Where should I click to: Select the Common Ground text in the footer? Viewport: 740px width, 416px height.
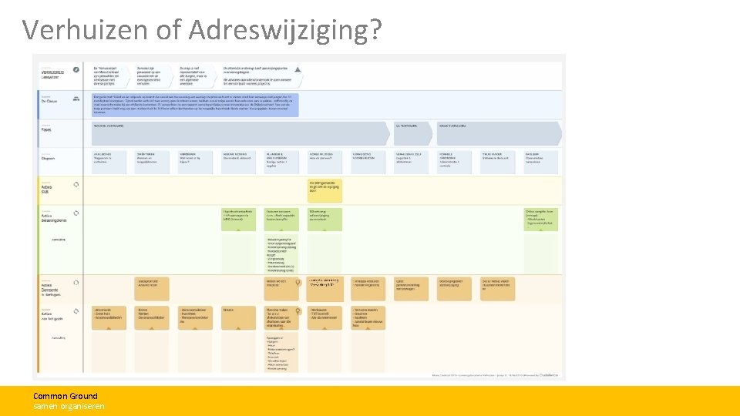tap(66, 396)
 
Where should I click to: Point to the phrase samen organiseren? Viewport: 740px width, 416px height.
tap(69, 406)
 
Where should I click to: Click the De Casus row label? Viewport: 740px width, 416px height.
tap(51, 101)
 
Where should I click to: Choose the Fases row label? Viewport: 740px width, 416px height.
tap(47, 129)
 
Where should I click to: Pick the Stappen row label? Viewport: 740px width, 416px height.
tap(50, 159)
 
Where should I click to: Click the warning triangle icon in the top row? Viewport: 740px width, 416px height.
tap(298, 69)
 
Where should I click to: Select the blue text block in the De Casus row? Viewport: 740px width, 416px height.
tap(195, 104)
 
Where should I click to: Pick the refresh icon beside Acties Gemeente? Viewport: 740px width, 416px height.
tap(76, 282)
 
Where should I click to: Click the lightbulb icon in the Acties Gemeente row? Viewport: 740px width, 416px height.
tap(298, 283)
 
